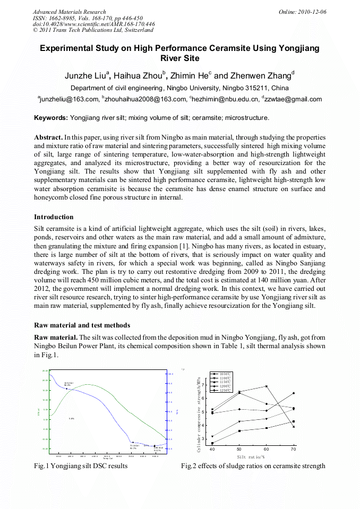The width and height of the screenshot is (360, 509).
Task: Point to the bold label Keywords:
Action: coord(51,118)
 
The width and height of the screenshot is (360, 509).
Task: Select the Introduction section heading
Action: coord(54,217)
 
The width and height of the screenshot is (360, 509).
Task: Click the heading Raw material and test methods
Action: coord(82,325)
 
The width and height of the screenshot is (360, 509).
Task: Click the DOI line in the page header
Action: coord(94,24)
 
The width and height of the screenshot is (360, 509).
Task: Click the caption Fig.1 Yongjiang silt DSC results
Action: coord(81,466)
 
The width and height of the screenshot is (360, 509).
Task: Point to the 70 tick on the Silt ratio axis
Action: coord(294,449)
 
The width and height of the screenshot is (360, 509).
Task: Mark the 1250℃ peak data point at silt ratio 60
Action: coord(267,386)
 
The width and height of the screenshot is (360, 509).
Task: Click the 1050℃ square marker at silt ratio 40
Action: coord(212,443)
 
